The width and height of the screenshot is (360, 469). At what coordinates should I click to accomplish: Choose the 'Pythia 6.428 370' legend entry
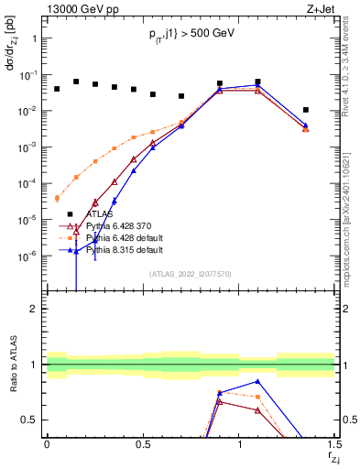tap(118, 225)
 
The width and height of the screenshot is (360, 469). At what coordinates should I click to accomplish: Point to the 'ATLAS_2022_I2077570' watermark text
tap(190, 274)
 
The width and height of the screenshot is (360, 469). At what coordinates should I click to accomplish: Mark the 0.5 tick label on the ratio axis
tap(30, 420)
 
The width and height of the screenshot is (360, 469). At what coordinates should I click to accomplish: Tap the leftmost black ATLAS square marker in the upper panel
tap(57, 89)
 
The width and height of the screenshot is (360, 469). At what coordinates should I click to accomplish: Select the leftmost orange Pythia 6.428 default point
tap(57, 198)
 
